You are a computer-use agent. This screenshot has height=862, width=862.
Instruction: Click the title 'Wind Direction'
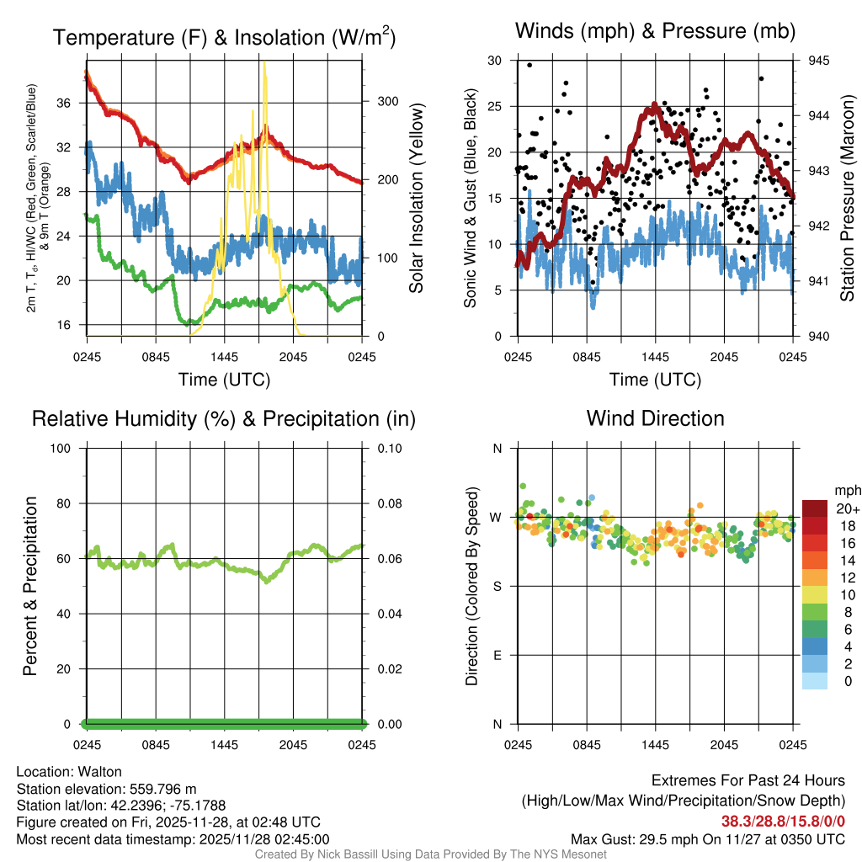point(655,418)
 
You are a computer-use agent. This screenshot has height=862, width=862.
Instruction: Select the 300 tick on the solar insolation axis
point(387,101)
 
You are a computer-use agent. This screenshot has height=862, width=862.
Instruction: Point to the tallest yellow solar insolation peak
point(265,64)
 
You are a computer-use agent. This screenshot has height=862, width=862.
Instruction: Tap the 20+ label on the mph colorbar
point(847,509)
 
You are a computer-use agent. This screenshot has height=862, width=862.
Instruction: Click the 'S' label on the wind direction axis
point(497,586)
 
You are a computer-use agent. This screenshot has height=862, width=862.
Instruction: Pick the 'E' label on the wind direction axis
point(497,655)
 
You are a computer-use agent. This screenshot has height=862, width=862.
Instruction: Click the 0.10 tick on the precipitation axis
point(388,448)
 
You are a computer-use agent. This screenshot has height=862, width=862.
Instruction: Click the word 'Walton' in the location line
point(100,772)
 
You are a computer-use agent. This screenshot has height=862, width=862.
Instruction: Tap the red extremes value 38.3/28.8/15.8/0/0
point(783,822)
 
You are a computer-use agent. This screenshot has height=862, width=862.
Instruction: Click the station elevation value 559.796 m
point(163,789)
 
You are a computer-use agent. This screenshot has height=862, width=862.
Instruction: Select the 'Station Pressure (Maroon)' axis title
point(847,199)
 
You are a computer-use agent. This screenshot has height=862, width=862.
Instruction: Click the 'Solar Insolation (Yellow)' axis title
point(416,199)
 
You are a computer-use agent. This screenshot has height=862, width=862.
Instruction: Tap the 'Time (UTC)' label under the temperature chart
point(224,380)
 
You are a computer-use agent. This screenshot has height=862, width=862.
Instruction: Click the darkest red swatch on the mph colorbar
point(814,508)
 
